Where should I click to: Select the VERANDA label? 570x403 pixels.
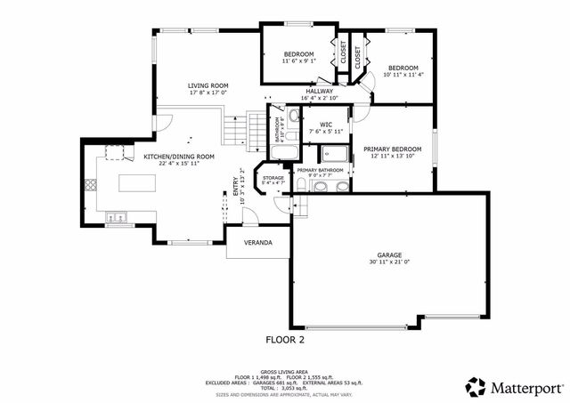pos(257,243)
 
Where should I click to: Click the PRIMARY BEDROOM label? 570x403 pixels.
pos(392,149)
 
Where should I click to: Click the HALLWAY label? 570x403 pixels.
pos(319,91)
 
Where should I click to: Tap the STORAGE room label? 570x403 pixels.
pos(273,179)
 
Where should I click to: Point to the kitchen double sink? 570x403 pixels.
pos(117,216)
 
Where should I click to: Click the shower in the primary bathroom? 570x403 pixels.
pos(335,152)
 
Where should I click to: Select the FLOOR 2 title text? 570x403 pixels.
pos(285,339)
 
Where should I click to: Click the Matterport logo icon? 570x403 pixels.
pos(476,387)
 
